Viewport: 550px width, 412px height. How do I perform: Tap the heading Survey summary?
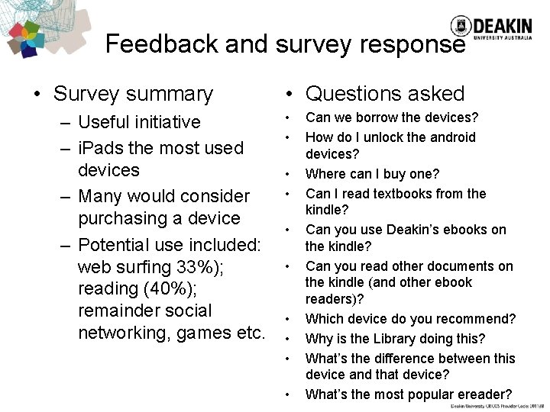pyautogui.click(x=133, y=94)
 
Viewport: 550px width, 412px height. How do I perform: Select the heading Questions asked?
pyautogui.click(x=384, y=94)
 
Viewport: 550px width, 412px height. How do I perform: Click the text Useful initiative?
pyautogui.click(x=139, y=122)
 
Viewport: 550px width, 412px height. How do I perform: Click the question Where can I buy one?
pyautogui.click(x=373, y=174)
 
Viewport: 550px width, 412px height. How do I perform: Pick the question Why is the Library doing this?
pyautogui.click(x=396, y=338)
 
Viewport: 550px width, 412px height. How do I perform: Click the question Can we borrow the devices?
pyautogui.click(x=392, y=117)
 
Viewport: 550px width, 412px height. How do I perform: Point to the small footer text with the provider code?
pyautogui.click(x=498, y=407)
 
